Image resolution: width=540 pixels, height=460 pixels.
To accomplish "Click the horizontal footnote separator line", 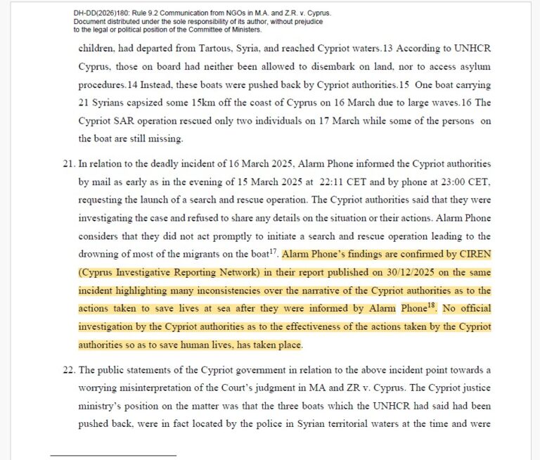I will point(112,455).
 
